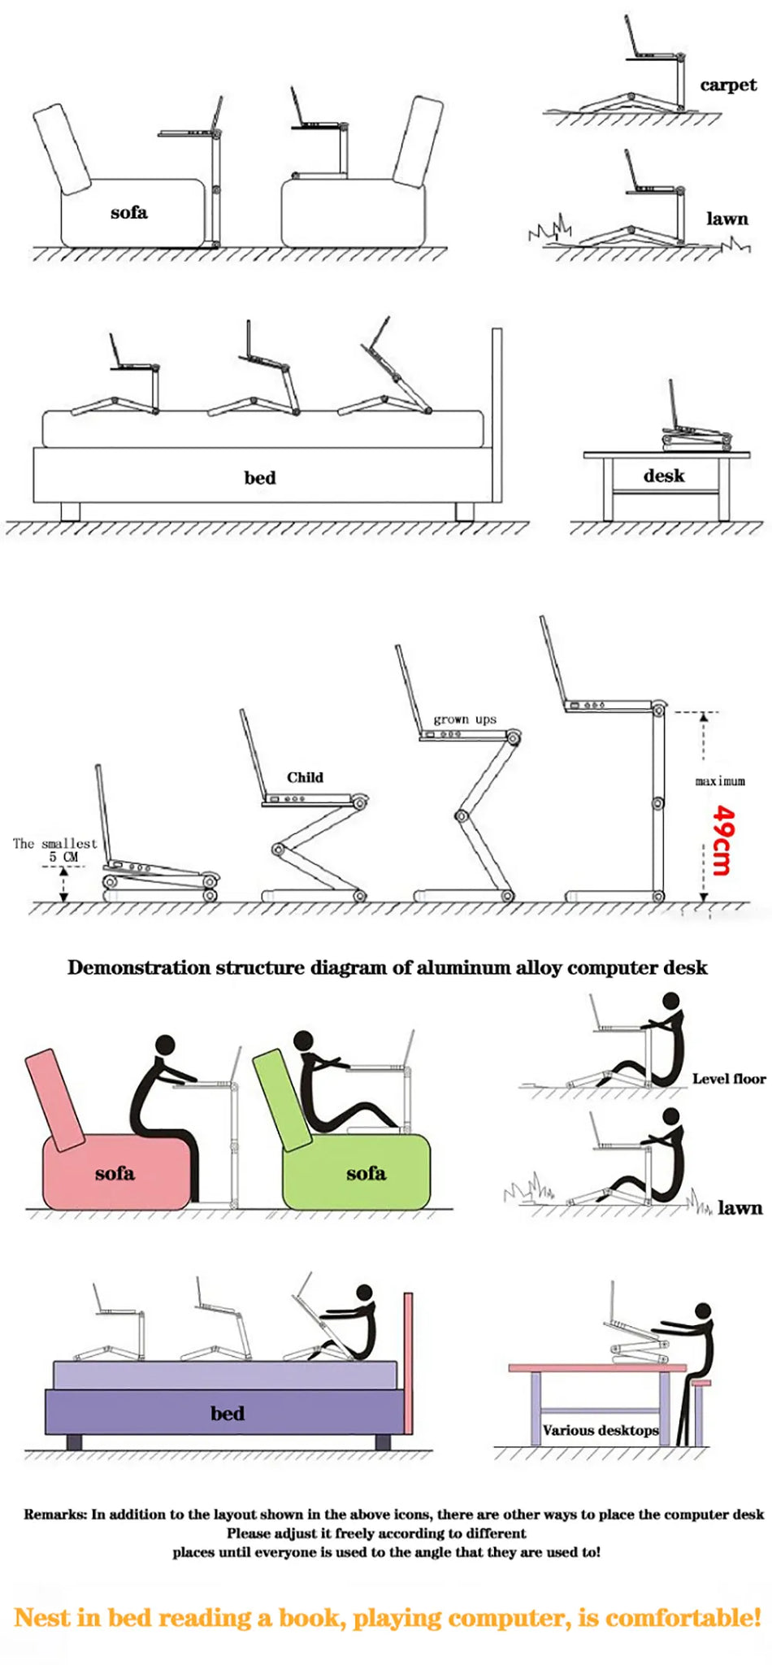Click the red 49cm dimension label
click(722, 840)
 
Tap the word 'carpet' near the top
click(727, 85)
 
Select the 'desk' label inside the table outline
click(663, 476)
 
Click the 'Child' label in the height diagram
click(305, 777)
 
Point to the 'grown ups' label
click(464, 719)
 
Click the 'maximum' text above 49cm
click(719, 781)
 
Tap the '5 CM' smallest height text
click(63, 857)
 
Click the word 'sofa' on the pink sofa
click(114, 1173)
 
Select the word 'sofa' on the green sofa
click(366, 1173)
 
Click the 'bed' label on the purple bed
click(227, 1413)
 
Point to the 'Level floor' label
click(728, 1079)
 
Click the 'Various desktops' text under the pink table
click(601, 1430)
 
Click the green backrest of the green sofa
click(280, 1098)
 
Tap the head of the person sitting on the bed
click(365, 1292)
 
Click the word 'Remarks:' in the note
click(55, 1514)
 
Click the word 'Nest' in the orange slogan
click(42, 1617)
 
